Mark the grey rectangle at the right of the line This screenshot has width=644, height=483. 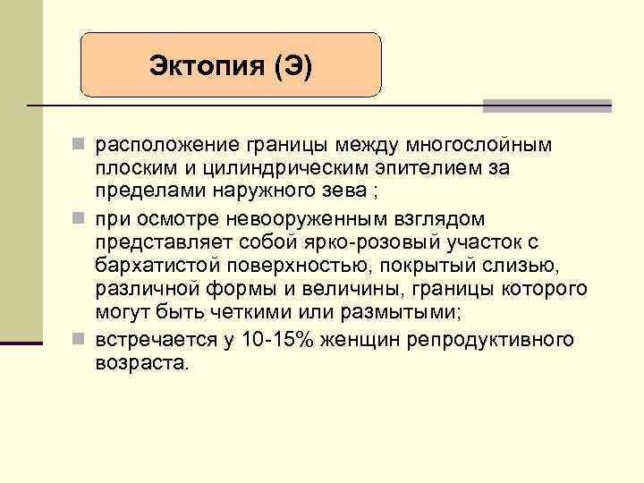pos(547,106)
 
